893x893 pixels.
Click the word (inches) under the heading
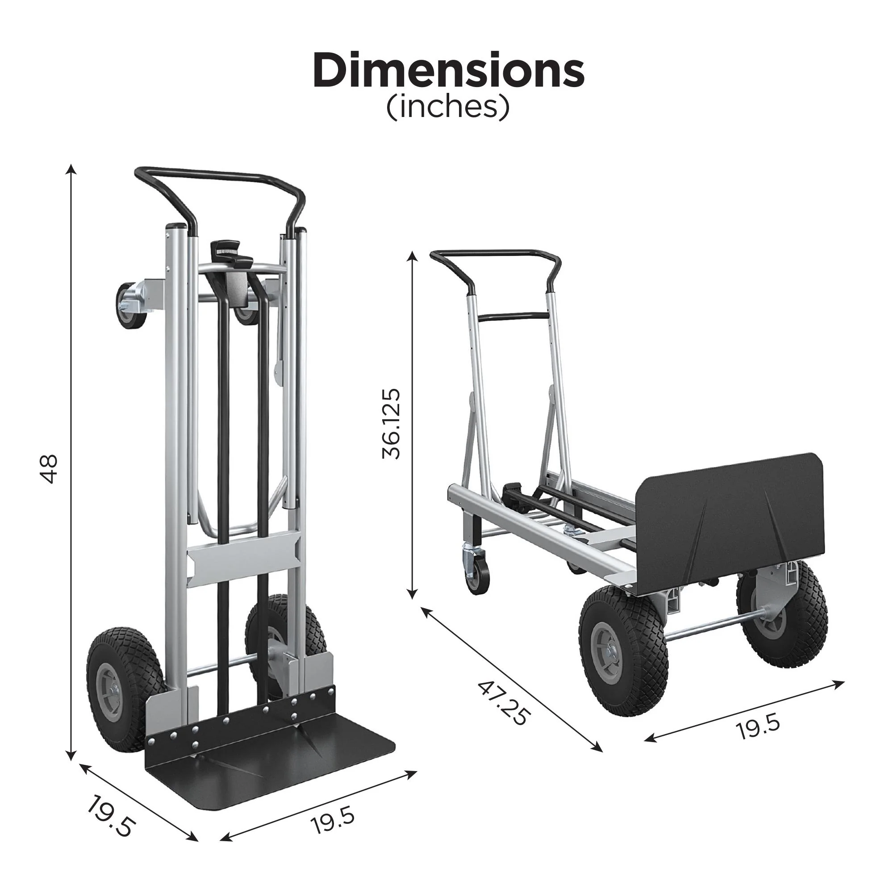click(447, 107)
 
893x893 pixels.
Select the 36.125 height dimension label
click(391, 423)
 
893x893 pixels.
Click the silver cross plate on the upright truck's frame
click(242, 559)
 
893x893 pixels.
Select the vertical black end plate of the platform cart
click(730, 522)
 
